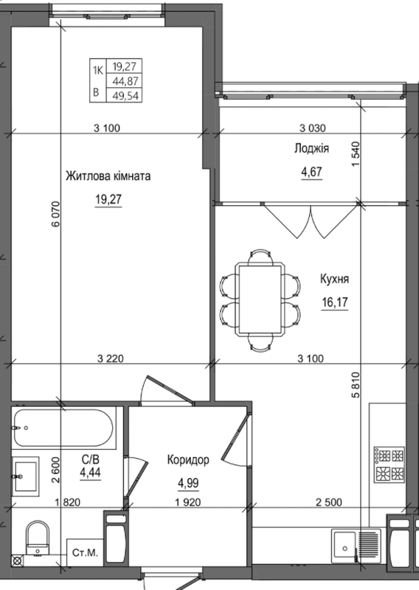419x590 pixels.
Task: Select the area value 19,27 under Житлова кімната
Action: click(x=108, y=198)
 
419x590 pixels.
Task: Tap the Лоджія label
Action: click(x=311, y=149)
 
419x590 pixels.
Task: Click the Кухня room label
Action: click(x=334, y=280)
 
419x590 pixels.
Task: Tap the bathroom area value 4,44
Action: click(x=91, y=474)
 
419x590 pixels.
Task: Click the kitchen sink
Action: click(x=344, y=546)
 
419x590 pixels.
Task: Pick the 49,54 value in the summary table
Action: click(x=125, y=94)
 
